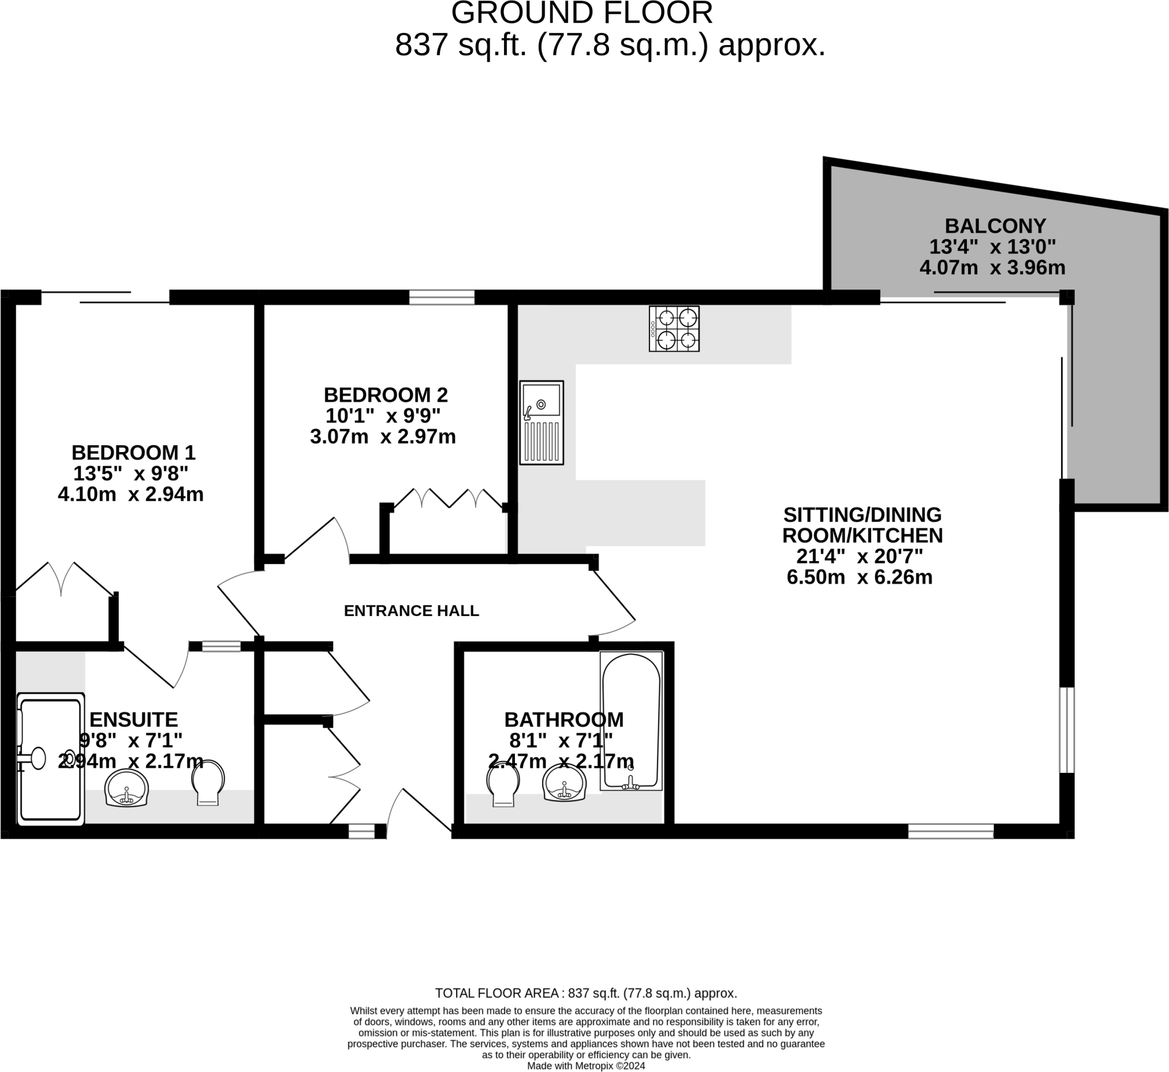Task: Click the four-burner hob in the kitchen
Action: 674,328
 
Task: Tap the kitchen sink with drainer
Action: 541,422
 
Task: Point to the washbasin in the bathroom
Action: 564,783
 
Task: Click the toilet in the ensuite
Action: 208,783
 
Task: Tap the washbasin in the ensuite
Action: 127,788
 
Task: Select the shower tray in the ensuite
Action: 50,759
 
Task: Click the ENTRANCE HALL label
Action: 412,611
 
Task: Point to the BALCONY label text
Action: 995,225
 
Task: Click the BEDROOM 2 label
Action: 385,395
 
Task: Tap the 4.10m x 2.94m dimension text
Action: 131,494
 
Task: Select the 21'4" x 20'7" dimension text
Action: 859,557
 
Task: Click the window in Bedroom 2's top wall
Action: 441,297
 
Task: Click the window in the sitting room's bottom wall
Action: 950,831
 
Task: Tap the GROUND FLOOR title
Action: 582,13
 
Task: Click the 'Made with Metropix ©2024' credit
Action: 586,1066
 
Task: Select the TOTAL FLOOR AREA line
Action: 586,993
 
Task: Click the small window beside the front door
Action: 361,832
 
